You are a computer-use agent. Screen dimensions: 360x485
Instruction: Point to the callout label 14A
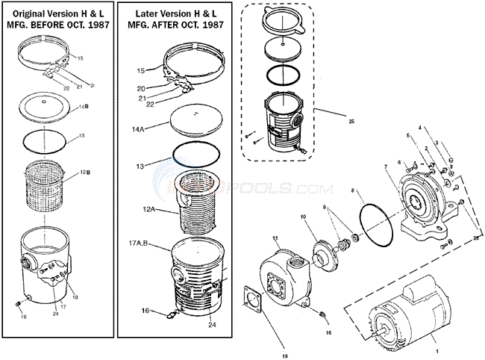[138, 128]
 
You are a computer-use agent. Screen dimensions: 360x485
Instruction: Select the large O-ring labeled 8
[374, 217]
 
